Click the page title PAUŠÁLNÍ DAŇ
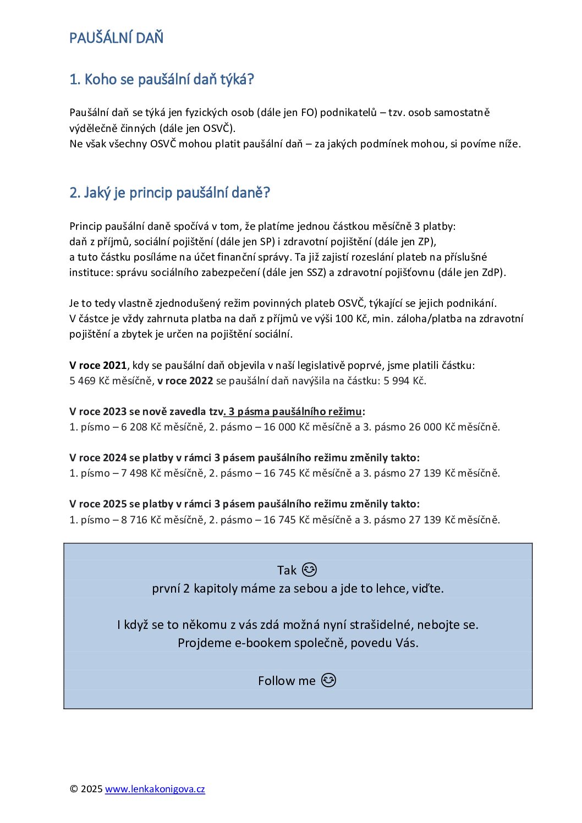tap(116, 38)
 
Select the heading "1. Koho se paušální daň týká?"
tap(161, 80)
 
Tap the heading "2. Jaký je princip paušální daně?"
tap(169, 193)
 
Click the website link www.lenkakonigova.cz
tap(155, 789)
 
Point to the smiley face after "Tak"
tap(310, 570)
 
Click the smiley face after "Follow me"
tap(328, 681)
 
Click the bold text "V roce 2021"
tap(98, 366)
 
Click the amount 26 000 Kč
tap(431, 427)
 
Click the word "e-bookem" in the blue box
tap(258, 643)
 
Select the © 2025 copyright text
tap(86, 789)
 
